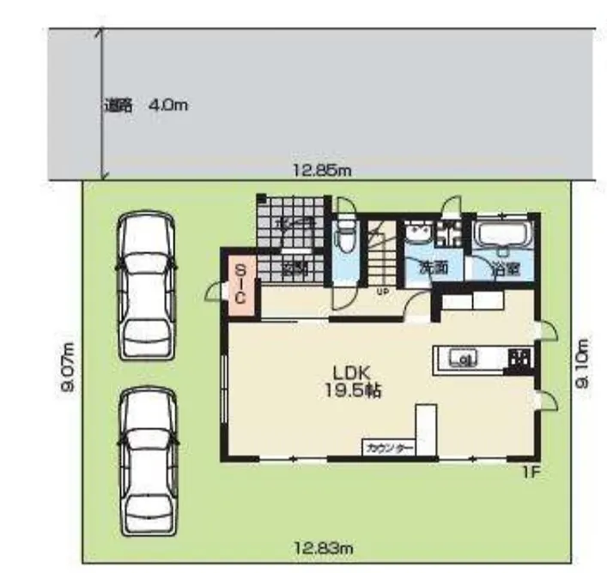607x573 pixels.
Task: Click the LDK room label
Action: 351,373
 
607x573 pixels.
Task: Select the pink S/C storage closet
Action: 240,285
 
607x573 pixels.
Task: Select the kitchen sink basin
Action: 464,359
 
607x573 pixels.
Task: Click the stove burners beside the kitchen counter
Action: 519,359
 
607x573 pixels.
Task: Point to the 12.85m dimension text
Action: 322,171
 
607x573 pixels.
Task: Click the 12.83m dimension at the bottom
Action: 322,546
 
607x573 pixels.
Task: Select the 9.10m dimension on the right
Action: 583,366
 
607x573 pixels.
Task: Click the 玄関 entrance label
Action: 295,267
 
